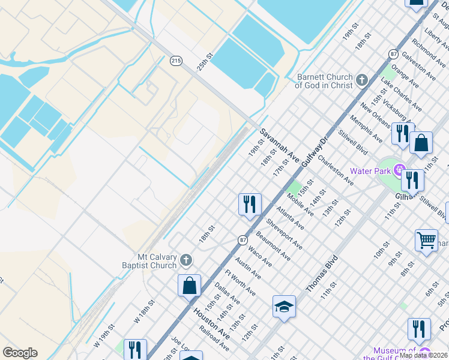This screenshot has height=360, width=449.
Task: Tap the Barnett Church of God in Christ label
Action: click(x=325, y=81)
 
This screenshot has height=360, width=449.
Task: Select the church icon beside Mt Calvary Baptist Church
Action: click(x=187, y=260)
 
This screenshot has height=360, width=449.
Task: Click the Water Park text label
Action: click(x=370, y=170)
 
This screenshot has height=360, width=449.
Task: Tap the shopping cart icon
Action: click(x=426, y=241)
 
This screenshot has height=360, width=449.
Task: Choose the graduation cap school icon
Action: click(x=284, y=307)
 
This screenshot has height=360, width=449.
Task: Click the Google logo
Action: click(x=20, y=353)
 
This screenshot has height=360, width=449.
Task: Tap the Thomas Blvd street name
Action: click(x=322, y=274)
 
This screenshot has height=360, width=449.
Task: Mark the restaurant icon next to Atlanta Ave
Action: click(x=249, y=204)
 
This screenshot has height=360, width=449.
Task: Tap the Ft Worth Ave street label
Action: click(x=240, y=283)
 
